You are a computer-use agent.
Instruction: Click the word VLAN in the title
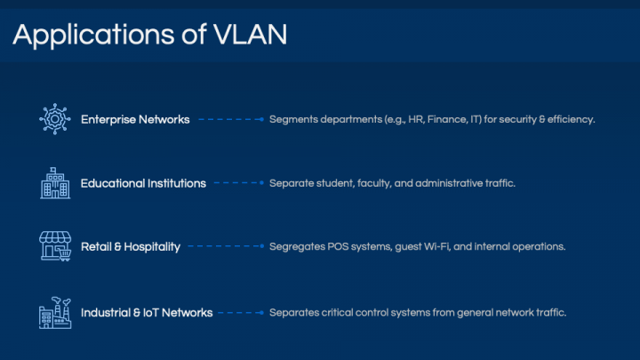(x=250, y=35)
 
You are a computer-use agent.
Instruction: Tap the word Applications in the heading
(x=94, y=36)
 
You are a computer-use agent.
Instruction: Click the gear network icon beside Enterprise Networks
(x=55, y=119)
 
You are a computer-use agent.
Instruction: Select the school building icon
(x=55, y=183)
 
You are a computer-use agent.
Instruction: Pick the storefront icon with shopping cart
(x=55, y=246)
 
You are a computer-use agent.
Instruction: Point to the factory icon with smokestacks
(x=55, y=313)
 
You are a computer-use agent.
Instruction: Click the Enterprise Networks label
(x=135, y=120)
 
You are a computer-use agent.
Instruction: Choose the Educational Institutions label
(x=143, y=183)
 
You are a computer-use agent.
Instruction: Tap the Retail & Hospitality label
(x=131, y=247)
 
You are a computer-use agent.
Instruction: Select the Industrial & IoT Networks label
(x=147, y=313)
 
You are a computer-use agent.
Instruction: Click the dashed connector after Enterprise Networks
(x=231, y=120)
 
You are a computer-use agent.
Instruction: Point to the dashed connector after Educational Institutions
(x=239, y=183)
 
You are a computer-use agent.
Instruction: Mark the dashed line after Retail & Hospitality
(x=226, y=246)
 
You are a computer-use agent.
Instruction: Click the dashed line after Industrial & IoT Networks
(x=241, y=313)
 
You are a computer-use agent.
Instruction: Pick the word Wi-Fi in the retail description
(x=437, y=246)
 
